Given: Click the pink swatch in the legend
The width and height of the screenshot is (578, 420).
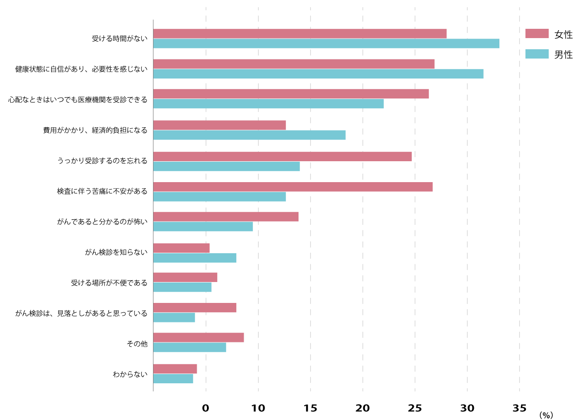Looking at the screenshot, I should tap(537, 33).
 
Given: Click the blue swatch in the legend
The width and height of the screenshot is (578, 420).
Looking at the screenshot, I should tap(537, 54).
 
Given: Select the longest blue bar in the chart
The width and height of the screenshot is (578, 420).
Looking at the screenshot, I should tap(326, 44).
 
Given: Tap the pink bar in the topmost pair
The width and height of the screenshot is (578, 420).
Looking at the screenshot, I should tap(300, 33).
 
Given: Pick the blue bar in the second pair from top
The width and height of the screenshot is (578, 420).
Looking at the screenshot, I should tap(318, 74).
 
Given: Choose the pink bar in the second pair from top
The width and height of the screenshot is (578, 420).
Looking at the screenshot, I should tap(294, 64).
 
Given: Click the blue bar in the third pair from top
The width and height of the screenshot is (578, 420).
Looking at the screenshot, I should tap(268, 104).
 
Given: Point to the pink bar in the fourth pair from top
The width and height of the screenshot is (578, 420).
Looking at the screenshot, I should tap(219, 125).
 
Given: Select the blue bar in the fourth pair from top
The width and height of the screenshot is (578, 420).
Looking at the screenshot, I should tap(249, 135).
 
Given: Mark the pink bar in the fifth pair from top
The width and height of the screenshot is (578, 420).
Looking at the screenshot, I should tap(282, 157).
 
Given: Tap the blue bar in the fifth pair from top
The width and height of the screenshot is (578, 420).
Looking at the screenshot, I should tap(226, 166).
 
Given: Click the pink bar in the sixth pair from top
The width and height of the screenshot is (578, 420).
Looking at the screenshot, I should tap(293, 187).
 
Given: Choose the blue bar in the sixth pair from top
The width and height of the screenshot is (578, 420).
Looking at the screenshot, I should tap(219, 197).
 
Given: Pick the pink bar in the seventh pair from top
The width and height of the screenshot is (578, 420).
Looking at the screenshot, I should tap(226, 217).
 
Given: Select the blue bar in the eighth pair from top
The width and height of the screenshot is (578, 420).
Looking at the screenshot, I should tap(195, 258).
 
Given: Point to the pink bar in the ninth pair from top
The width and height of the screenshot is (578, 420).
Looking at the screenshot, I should tap(185, 277).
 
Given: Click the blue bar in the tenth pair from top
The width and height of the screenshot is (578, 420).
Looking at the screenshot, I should tap(174, 318).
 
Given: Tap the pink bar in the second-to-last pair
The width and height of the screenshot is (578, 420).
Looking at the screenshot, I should tap(199, 338).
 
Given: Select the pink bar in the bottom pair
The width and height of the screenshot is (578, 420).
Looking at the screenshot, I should tap(175, 369).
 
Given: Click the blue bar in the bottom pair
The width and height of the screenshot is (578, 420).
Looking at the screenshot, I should tap(173, 379).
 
